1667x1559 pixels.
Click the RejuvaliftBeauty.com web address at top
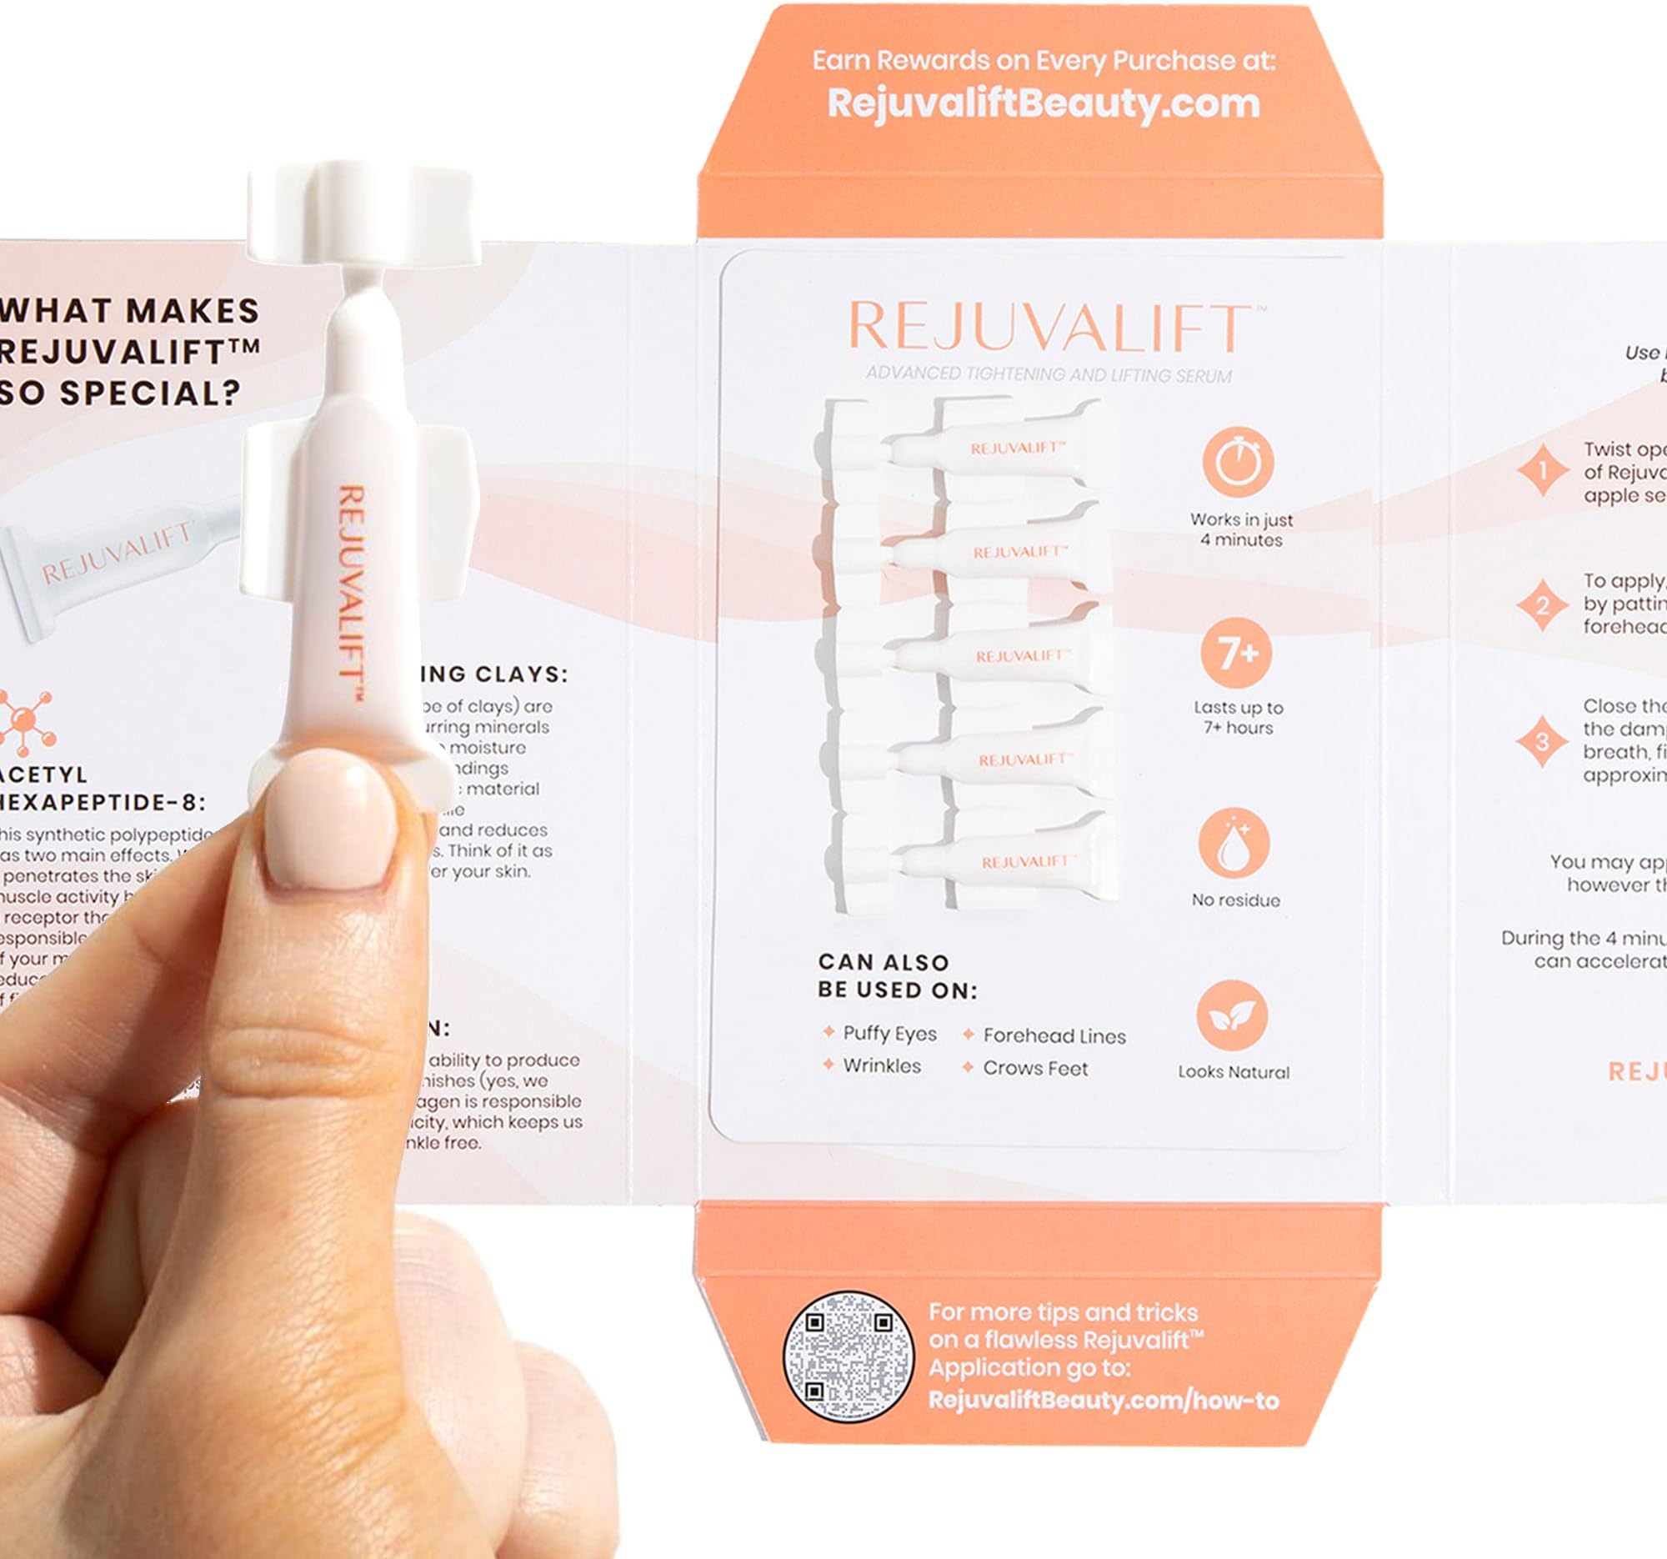(x=1044, y=103)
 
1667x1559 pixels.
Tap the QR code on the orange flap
(x=847, y=1356)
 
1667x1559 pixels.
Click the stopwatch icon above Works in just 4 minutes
(x=1237, y=463)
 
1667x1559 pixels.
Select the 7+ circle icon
(x=1237, y=654)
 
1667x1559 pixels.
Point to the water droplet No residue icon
(x=1234, y=845)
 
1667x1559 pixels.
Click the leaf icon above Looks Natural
(x=1232, y=1016)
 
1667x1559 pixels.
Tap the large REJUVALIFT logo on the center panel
(x=1049, y=328)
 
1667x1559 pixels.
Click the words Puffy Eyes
(x=889, y=1033)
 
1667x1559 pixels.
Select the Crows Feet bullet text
(x=1034, y=1069)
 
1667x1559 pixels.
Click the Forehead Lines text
(x=1054, y=1035)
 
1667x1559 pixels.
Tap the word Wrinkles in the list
(x=881, y=1066)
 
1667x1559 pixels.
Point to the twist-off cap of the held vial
(x=363, y=214)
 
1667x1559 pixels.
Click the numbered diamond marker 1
(x=1542, y=471)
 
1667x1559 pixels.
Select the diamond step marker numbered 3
(x=1542, y=741)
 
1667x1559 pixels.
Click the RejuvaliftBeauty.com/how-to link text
(x=1103, y=1401)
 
